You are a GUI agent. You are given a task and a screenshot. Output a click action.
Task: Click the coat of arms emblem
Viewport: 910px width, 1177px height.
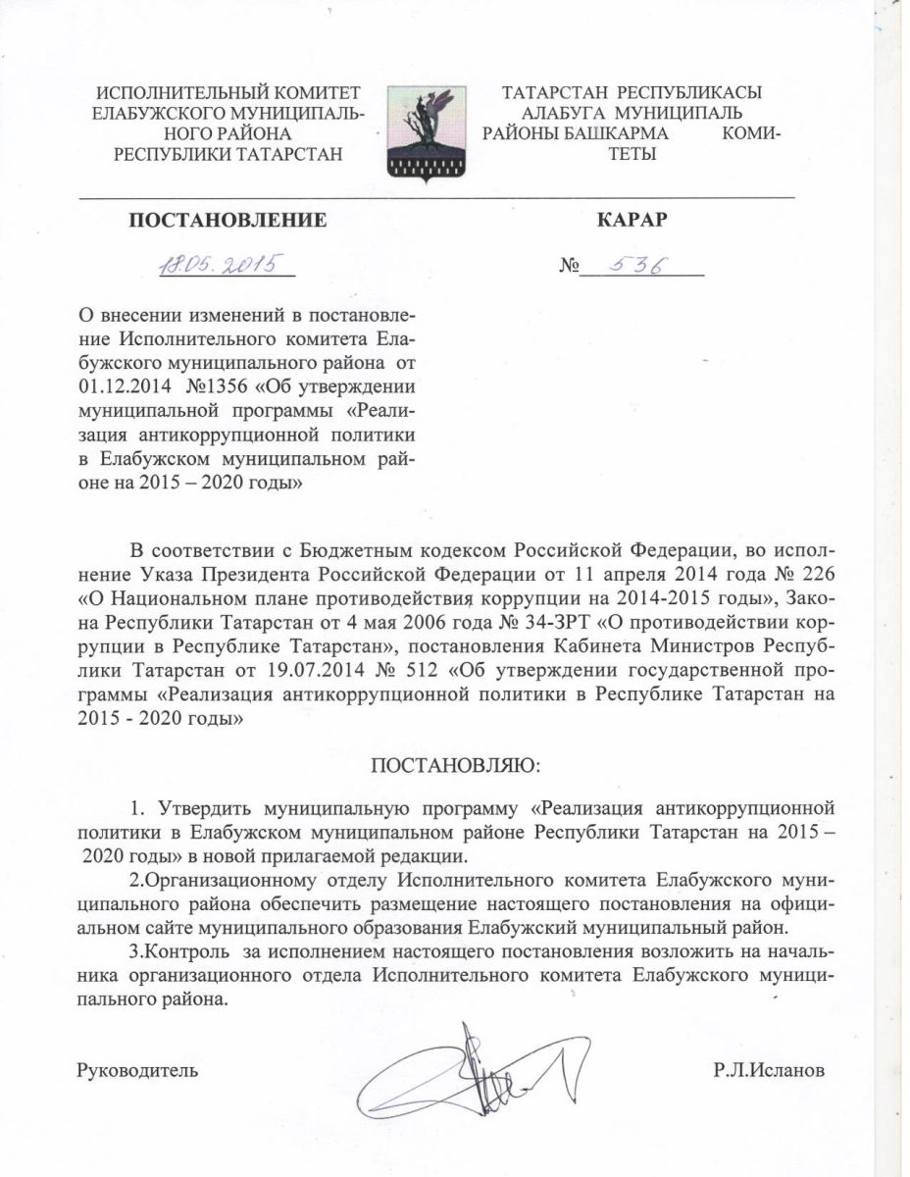[x=425, y=132]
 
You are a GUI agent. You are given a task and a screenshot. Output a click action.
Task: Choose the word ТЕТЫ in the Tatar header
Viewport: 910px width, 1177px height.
[x=632, y=154]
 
